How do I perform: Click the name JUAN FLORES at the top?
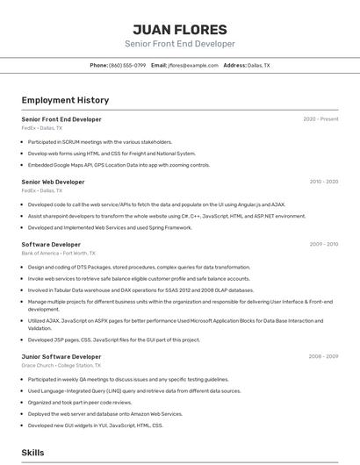tap(179, 29)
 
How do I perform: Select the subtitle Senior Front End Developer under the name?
tap(179, 44)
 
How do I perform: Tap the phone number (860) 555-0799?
tap(127, 65)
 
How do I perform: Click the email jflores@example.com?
tap(193, 65)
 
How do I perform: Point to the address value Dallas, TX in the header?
tap(259, 65)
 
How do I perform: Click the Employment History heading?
tap(65, 100)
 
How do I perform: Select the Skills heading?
tap(32, 452)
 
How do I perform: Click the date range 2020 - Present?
tap(320, 118)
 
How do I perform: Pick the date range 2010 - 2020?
tap(323, 182)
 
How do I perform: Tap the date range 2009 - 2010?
tap(323, 244)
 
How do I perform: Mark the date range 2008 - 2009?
tap(323, 356)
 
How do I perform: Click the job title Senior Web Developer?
tap(53, 182)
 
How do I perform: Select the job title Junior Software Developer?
tap(61, 356)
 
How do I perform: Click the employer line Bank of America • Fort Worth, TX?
tap(59, 253)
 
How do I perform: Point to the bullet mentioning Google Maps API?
tap(119, 164)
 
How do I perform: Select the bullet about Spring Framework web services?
tap(110, 227)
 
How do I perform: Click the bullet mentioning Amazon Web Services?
tap(105, 413)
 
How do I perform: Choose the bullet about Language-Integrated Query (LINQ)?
tap(133, 390)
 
